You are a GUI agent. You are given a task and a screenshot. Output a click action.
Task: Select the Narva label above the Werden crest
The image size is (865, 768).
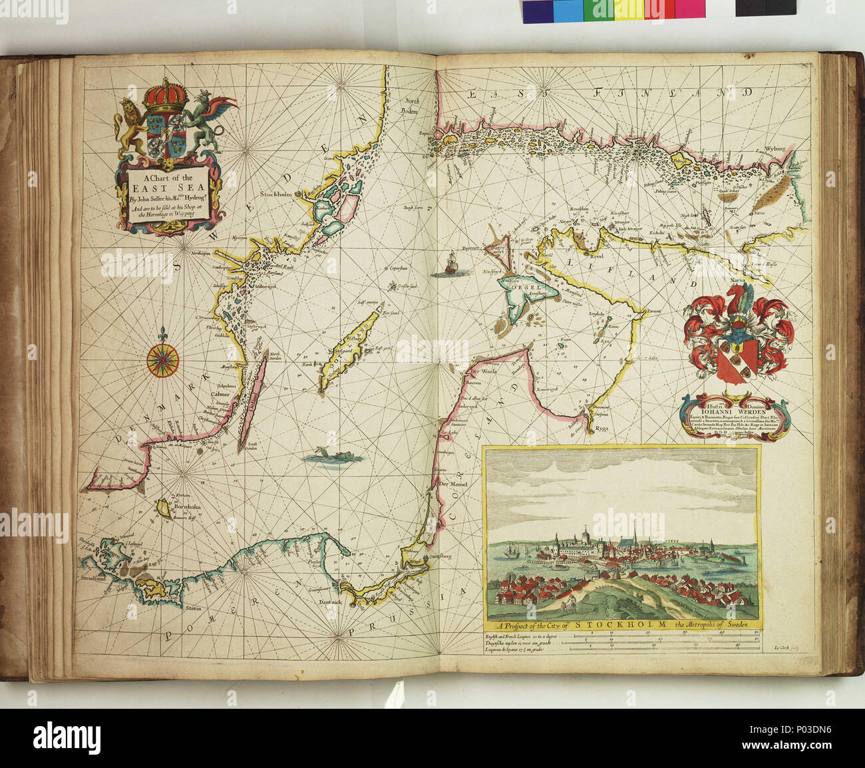(x=737, y=282)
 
